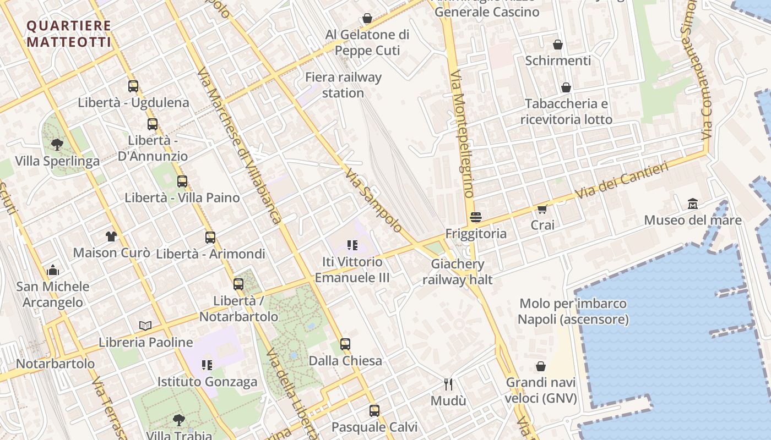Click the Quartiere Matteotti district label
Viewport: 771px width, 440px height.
(x=69, y=34)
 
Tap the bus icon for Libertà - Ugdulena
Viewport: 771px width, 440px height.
(x=133, y=86)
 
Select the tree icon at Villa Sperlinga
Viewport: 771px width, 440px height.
(x=56, y=145)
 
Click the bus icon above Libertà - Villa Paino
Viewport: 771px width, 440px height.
(x=182, y=181)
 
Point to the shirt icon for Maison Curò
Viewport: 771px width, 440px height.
(x=111, y=237)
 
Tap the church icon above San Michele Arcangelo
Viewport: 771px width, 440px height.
(x=53, y=270)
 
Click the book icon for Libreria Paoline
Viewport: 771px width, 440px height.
(x=145, y=326)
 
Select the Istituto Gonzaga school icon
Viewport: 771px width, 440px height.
(x=207, y=365)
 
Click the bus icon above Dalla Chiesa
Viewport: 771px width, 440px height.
(x=345, y=344)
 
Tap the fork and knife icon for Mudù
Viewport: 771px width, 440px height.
(x=448, y=384)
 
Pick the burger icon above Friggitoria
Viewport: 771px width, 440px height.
(x=476, y=217)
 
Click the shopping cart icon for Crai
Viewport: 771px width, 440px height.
(x=542, y=208)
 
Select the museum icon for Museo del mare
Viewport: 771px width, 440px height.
(x=693, y=204)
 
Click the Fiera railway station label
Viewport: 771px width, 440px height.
(x=343, y=85)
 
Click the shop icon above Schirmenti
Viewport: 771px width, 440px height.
(x=558, y=45)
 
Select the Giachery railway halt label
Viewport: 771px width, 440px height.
(x=458, y=272)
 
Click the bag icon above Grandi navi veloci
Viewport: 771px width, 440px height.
(x=541, y=366)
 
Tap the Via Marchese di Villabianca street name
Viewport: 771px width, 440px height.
(x=240, y=146)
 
